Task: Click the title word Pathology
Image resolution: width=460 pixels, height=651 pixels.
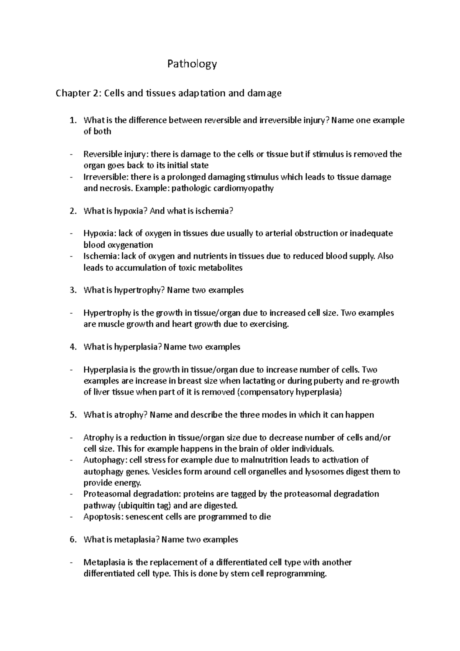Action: click(192, 64)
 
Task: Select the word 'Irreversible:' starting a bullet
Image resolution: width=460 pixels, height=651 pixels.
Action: click(106, 177)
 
